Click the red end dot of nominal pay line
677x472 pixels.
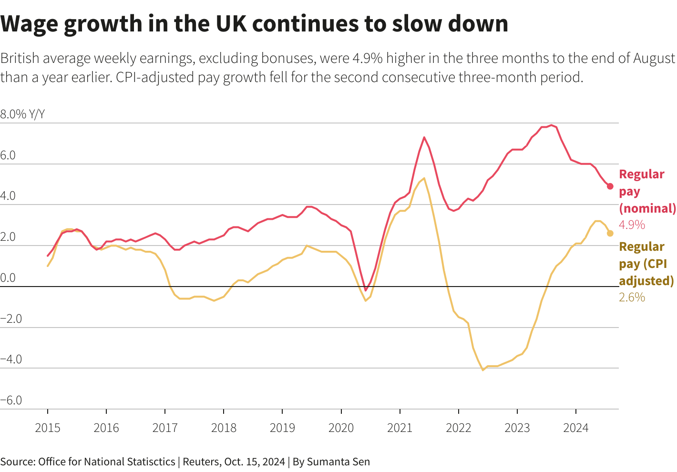pos(610,186)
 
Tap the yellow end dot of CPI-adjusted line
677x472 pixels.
pos(610,233)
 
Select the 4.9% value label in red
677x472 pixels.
pos(632,225)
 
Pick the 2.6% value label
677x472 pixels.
pos(632,298)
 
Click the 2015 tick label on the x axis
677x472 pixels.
pos(48,428)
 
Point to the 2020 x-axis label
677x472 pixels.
pos(341,428)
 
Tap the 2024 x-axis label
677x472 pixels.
pos(575,428)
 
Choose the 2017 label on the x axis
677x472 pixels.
pos(165,428)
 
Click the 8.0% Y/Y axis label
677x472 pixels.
pos(22,114)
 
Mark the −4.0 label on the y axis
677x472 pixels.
pos(11,359)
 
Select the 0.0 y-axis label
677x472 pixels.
pos(8,277)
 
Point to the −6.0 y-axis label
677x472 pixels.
pos(11,400)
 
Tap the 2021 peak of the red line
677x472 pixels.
pos(424,137)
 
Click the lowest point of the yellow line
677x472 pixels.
pos(482,369)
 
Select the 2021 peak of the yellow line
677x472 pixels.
pos(424,178)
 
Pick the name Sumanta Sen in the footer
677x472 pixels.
pos(338,462)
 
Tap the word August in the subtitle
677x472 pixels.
pos(654,59)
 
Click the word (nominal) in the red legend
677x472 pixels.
pos(647,208)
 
